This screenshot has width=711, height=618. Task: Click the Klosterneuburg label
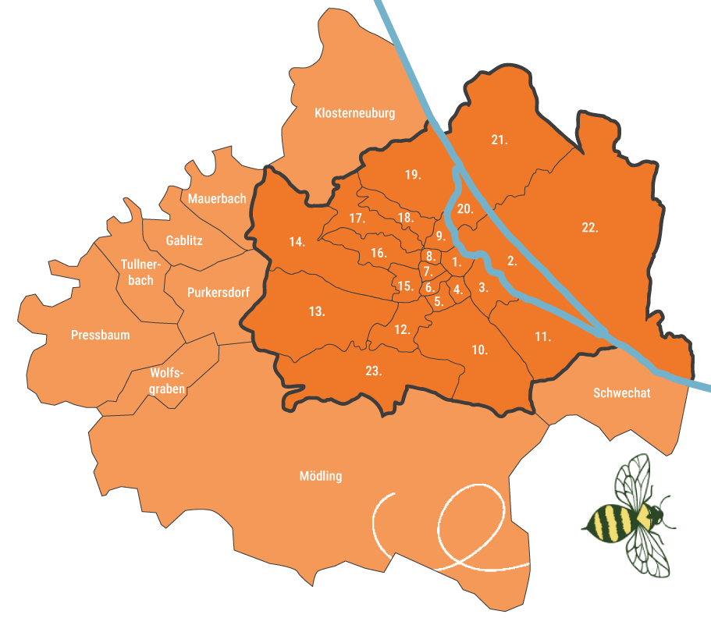[354, 113]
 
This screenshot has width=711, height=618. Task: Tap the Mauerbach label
[216, 199]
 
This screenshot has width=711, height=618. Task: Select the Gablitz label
[184, 240]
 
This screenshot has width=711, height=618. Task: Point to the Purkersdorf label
[219, 293]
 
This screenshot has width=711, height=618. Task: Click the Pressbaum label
[100, 335]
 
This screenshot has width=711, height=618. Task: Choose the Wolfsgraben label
[171, 382]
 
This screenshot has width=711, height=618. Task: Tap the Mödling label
[320, 476]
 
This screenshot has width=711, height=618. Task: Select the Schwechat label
[621, 392]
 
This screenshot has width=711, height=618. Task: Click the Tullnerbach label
[141, 272]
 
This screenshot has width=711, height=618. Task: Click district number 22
[589, 228]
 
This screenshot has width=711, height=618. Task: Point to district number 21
[499, 140]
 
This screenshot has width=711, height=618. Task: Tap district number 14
[297, 242]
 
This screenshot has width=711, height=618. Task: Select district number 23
[373, 371]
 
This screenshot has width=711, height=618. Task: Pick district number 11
[543, 337]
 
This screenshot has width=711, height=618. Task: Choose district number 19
[413, 174]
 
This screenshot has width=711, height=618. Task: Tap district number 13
[316, 311]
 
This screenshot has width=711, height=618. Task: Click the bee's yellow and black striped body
[613, 521]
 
